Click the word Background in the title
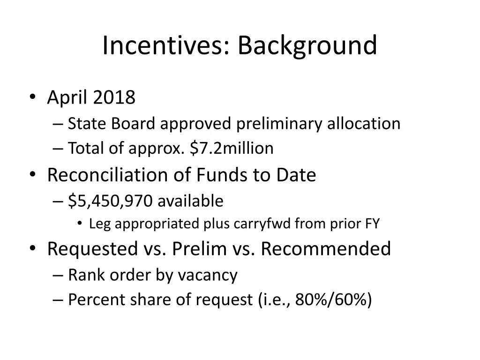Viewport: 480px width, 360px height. (307, 45)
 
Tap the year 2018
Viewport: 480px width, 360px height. (114, 97)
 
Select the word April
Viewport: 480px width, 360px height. (67, 97)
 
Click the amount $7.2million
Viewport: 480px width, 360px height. (232, 148)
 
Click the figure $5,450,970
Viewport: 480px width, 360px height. (110, 201)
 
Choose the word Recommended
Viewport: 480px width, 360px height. (326, 249)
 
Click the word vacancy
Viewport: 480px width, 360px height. (207, 275)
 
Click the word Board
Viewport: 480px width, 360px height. (135, 124)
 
